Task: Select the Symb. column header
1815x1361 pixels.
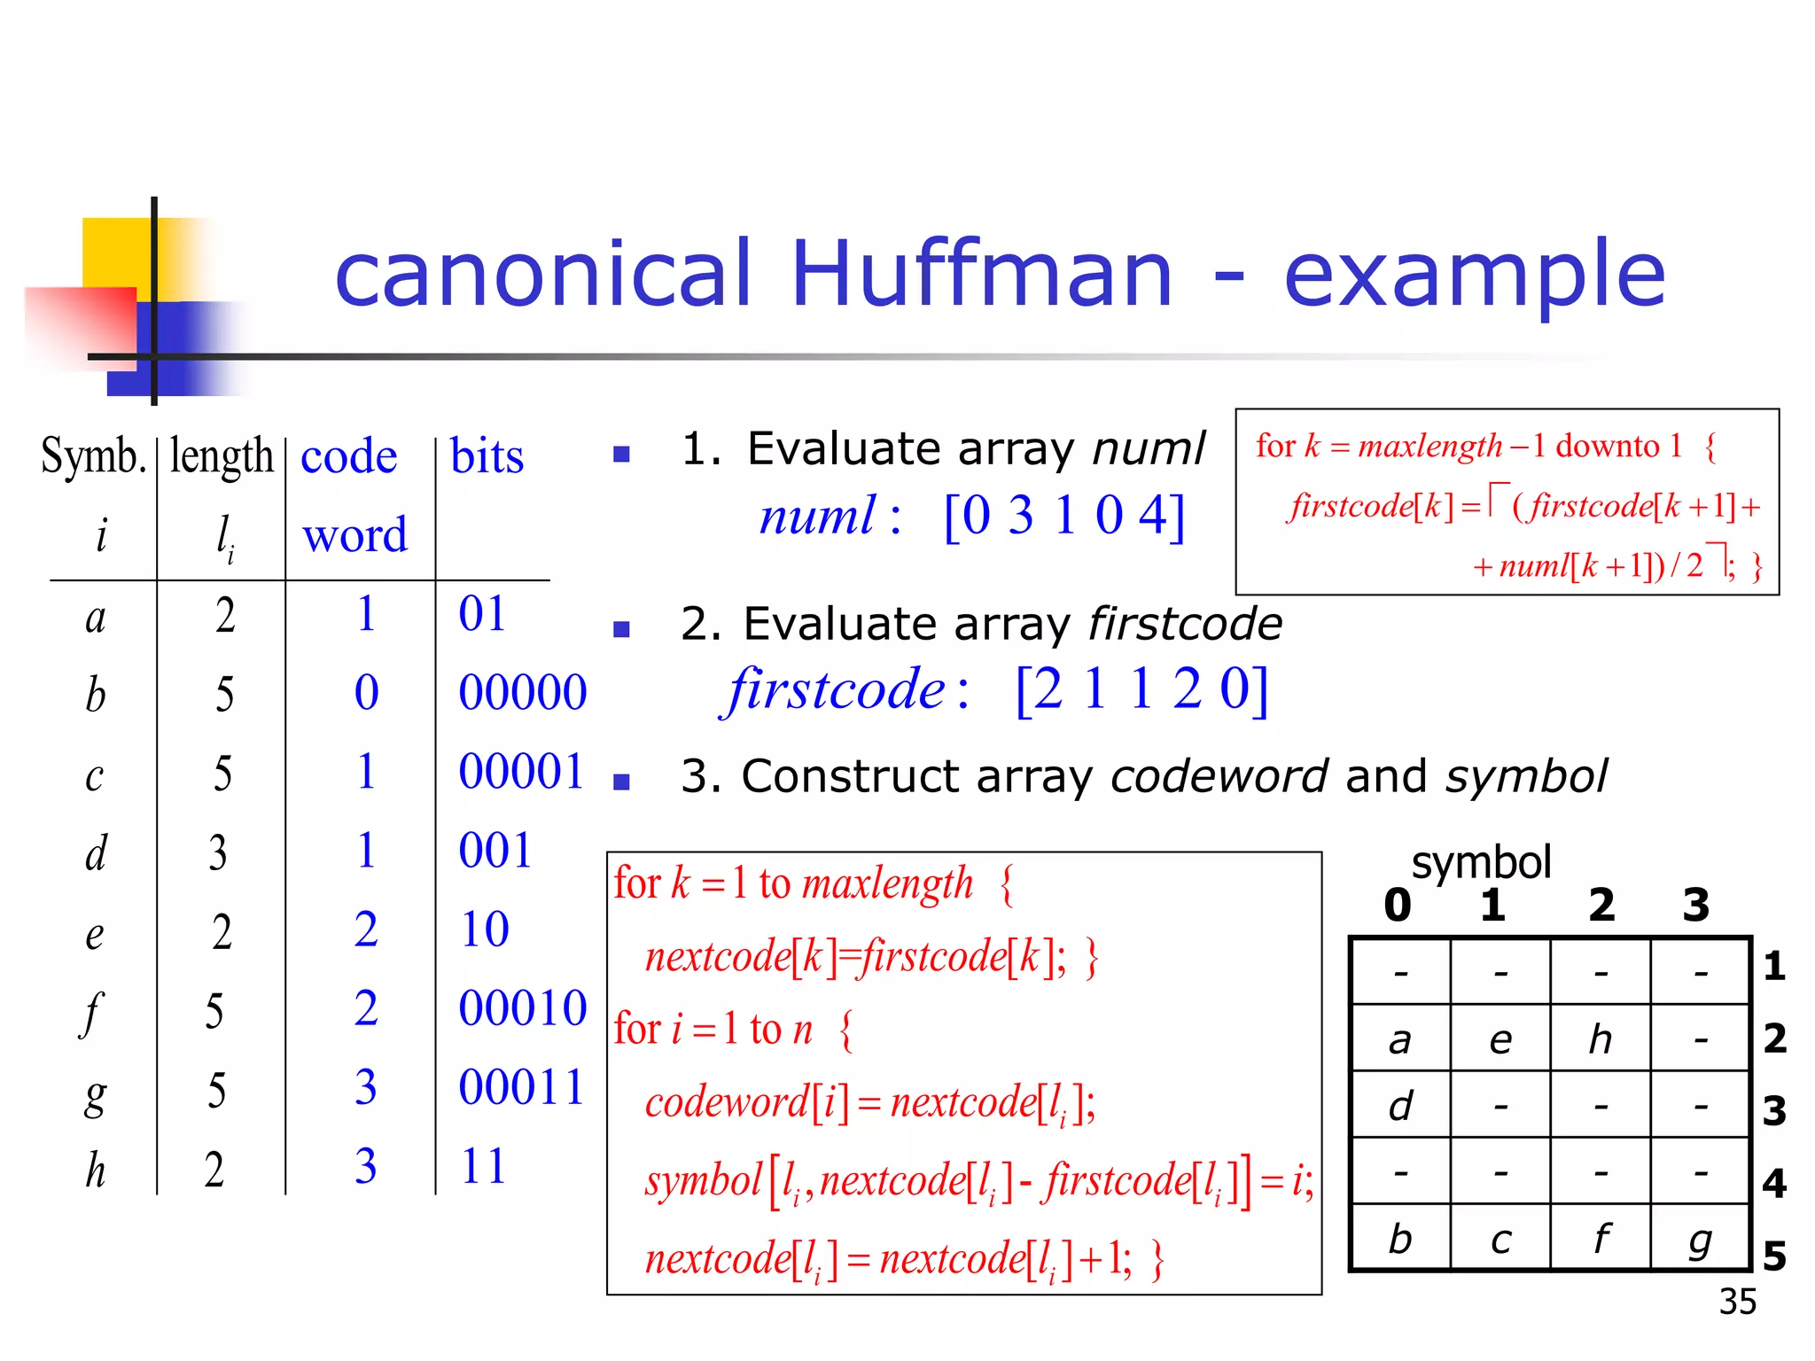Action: click(x=93, y=456)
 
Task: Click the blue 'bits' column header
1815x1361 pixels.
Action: click(x=487, y=456)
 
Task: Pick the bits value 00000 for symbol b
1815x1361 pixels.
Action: click(x=523, y=692)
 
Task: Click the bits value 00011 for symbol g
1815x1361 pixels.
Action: click(x=523, y=1087)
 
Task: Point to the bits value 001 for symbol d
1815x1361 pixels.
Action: click(x=495, y=851)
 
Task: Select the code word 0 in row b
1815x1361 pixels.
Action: click(x=366, y=692)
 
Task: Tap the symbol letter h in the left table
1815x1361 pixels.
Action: click(x=96, y=1170)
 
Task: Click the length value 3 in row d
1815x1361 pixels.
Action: click(x=218, y=852)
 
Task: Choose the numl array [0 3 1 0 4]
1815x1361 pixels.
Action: click(x=1063, y=516)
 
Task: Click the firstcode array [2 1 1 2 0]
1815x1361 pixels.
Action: click(x=1141, y=689)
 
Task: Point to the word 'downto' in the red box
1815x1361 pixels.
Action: click(x=1607, y=446)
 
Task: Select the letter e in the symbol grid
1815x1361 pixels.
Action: click(x=1500, y=1039)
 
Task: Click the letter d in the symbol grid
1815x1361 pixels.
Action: click(x=1400, y=1106)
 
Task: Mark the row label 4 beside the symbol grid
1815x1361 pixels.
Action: click(x=1773, y=1183)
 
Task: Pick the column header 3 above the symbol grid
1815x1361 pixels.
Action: click(x=1695, y=906)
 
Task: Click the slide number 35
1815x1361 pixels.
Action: click(x=1737, y=1302)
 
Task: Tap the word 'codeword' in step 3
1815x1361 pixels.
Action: click(x=1219, y=776)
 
